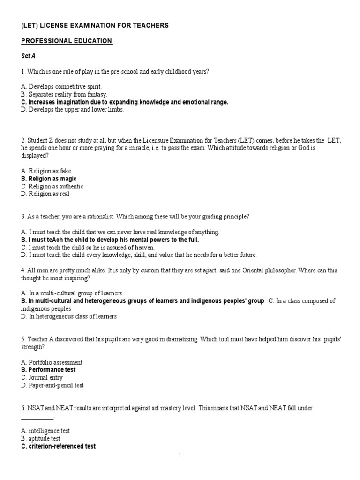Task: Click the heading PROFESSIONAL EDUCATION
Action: pos(67,41)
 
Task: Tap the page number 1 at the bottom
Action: pos(180,457)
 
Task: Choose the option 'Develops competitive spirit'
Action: pos(61,87)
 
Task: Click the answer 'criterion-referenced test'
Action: pos(59,446)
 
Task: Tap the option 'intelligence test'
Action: pos(45,431)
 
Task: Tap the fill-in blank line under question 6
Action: pos(37,417)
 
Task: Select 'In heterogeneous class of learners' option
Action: pos(69,316)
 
